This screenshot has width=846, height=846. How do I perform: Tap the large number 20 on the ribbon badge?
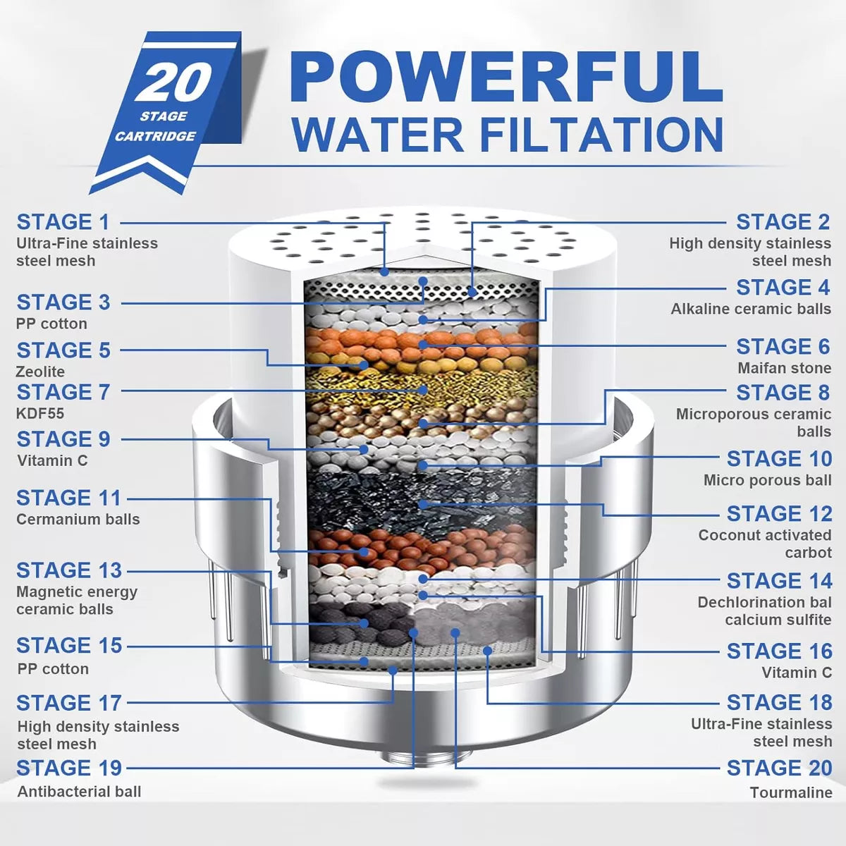pyautogui.click(x=174, y=83)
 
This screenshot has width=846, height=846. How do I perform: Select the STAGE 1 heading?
pyautogui.click(x=63, y=222)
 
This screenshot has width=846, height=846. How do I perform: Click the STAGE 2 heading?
pyautogui.click(x=783, y=222)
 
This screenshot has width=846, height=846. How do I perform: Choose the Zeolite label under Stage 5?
pyautogui.click(x=40, y=372)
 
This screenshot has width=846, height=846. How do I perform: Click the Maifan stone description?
pyautogui.click(x=784, y=368)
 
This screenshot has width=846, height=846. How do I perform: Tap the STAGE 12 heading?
pyautogui.click(x=778, y=514)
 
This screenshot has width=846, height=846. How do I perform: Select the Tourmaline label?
pyautogui.click(x=790, y=792)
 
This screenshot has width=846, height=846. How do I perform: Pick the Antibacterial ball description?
pyautogui.click(x=79, y=792)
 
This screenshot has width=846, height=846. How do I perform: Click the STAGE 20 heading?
pyautogui.click(x=778, y=768)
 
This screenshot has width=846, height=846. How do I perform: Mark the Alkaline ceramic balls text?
pyautogui.click(x=750, y=309)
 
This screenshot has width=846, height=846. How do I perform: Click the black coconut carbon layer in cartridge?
pyautogui.click(x=423, y=497)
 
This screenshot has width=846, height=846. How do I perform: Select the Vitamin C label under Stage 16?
pyautogui.click(x=796, y=673)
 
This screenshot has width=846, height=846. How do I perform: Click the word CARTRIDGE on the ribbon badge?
pyautogui.click(x=155, y=136)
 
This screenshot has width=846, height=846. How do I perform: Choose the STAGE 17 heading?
pyautogui.click(x=68, y=704)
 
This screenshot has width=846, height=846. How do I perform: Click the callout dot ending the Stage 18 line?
pyautogui.click(x=487, y=650)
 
